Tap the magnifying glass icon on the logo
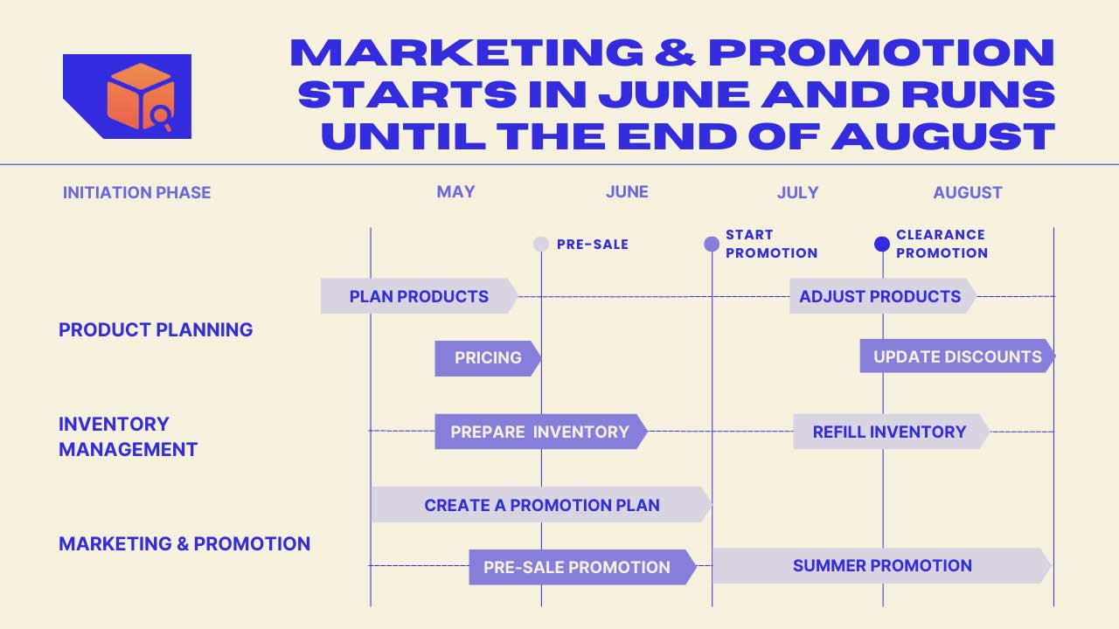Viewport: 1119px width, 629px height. pyautogui.click(x=162, y=118)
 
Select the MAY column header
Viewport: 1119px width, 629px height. pyautogui.click(x=455, y=191)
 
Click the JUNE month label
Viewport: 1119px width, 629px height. pyautogui.click(x=627, y=191)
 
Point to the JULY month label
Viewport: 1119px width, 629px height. pyautogui.click(x=798, y=193)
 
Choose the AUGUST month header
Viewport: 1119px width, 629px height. pyautogui.click(x=968, y=193)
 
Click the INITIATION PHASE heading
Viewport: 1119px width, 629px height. pyautogui.click(x=137, y=193)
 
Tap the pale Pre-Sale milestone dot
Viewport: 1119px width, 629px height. pyautogui.click(x=541, y=244)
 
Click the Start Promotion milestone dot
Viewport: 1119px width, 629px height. pyautogui.click(x=712, y=244)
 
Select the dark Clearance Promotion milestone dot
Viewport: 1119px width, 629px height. pyautogui.click(x=882, y=244)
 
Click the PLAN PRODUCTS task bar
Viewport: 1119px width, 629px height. pyautogui.click(x=419, y=296)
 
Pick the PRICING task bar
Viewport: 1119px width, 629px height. pyautogui.click(x=488, y=358)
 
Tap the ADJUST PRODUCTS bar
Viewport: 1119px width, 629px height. pyautogui.click(x=883, y=296)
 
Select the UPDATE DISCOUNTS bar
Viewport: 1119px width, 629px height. pyautogui.click(x=957, y=356)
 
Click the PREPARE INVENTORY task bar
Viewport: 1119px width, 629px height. pyautogui.click(x=541, y=432)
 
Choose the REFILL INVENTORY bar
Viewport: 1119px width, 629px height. pyautogui.click(x=891, y=432)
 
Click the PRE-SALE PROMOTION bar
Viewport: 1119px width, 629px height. pyautogui.click(x=582, y=567)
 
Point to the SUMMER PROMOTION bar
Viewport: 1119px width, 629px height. pyautogui.click(x=882, y=565)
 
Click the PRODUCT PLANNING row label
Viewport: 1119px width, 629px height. pyautogui.click(x=156, y=330)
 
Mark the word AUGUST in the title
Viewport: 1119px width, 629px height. pyautogui.click(x=943, y=136)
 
